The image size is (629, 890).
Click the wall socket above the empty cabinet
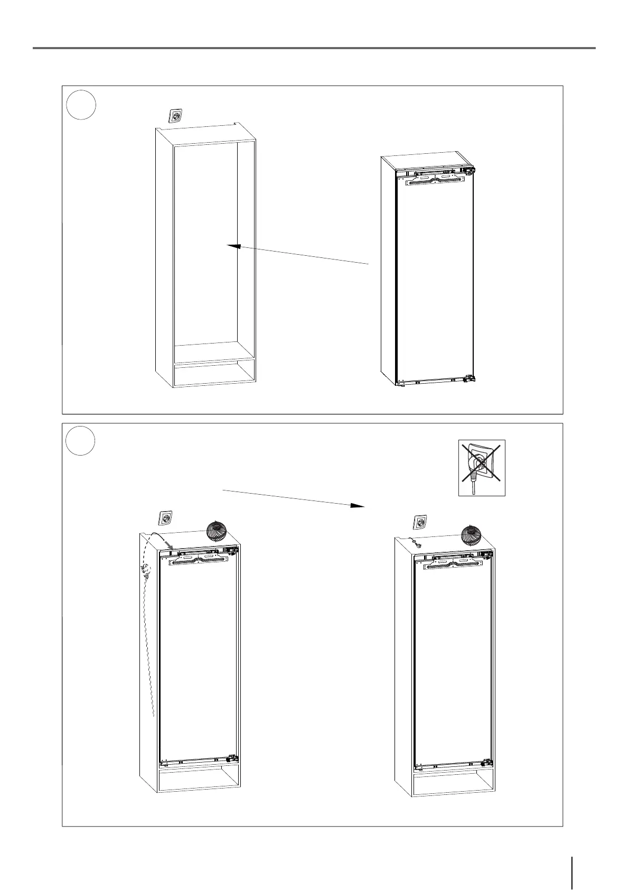175,116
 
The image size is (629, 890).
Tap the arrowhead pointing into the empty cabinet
233,246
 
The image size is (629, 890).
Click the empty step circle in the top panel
81,105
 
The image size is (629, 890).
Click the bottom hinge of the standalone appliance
468,379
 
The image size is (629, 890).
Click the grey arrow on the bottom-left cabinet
168,544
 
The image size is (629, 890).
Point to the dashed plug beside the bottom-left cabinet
146,571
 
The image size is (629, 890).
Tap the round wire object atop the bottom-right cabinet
472,534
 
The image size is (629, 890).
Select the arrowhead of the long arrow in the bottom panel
358,505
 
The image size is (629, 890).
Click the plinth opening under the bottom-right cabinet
453,785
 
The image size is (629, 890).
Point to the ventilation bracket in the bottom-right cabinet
453,564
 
